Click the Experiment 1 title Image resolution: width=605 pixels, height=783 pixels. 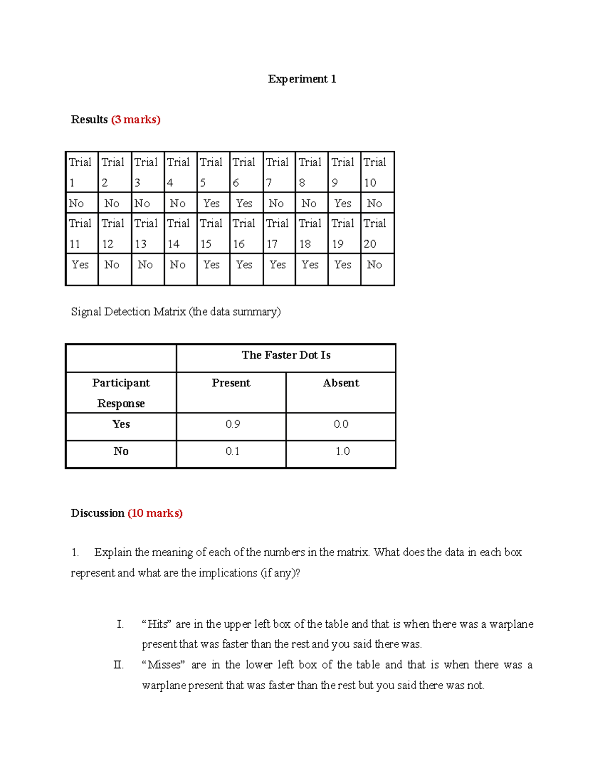coord(301,79)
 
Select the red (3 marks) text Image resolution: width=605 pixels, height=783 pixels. coord(136,119)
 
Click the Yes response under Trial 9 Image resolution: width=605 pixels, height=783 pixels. coord(343,203)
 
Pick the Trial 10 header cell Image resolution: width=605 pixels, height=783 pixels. coord(376,172)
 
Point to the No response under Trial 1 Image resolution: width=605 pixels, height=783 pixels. coord(77,203)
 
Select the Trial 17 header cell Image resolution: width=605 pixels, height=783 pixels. coord(278,233)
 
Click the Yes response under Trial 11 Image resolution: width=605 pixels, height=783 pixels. coord(80,265)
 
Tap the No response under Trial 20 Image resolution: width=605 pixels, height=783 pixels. coord(375,265)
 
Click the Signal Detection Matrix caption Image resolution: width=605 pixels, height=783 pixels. coord(175,312)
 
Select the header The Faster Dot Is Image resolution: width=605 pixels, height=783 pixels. coord(286,355)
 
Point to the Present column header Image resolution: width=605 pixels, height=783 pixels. coord(231,383)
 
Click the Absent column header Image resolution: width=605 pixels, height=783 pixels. coord(341,383)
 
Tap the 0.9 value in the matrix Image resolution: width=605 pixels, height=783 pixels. coord(232,425)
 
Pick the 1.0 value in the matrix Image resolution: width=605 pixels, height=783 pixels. coord(342,451)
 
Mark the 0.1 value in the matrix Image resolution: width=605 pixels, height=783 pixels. coord(232,451)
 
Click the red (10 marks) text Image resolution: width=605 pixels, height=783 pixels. coord(155,513)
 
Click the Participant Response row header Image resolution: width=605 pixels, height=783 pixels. coord(121,393)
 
